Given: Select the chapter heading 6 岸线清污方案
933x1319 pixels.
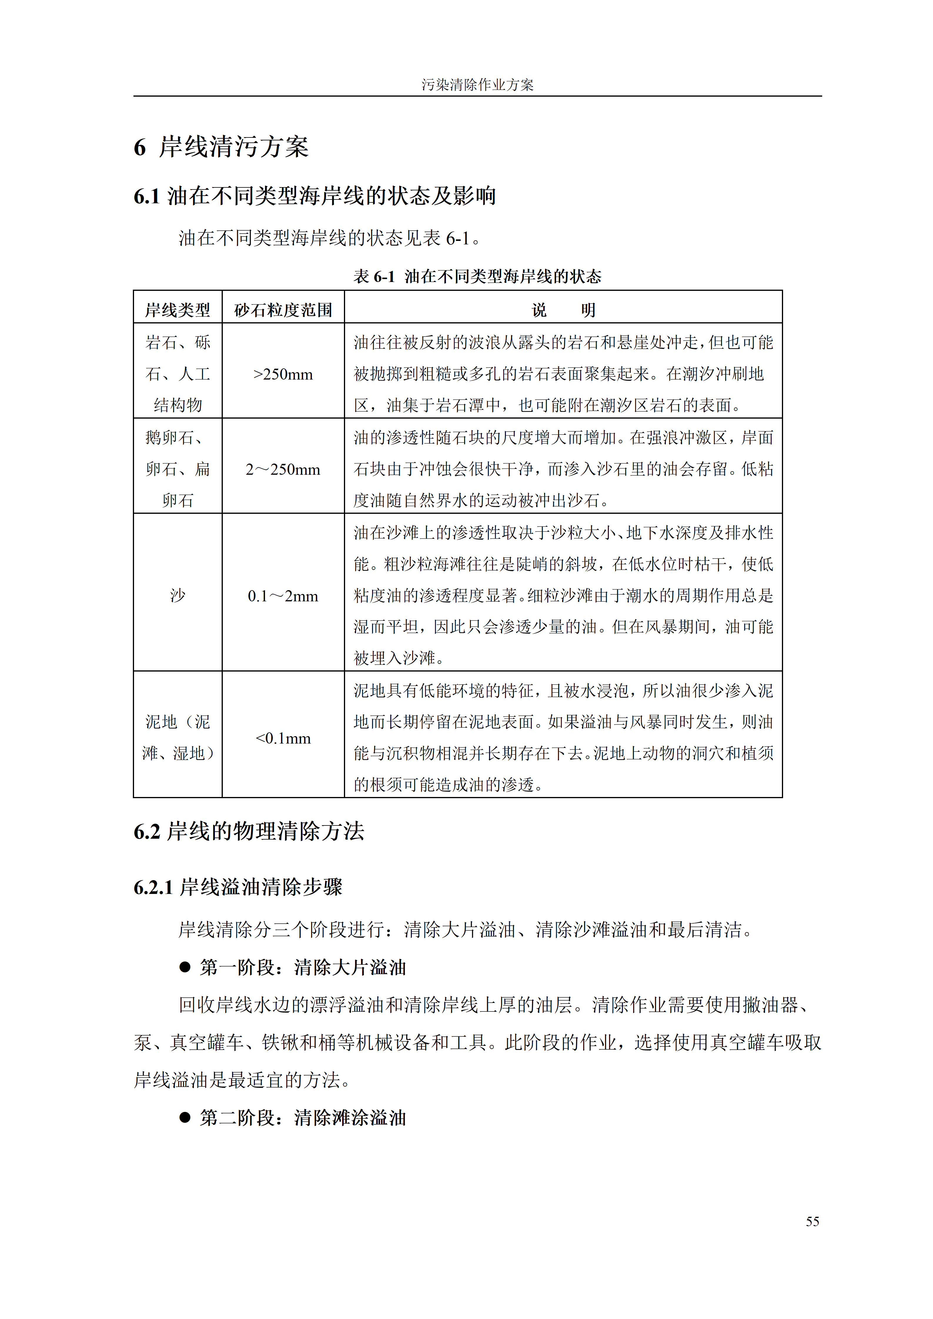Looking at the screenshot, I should (221, 147).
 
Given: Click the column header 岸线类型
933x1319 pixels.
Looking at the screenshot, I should (178, 310).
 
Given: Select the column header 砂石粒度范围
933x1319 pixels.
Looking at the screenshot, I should (283, 310).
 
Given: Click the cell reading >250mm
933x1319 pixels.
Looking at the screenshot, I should (283, 375).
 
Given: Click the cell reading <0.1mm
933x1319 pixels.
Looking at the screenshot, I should (283, 738).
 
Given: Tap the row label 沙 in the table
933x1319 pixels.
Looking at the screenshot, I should (178, 596).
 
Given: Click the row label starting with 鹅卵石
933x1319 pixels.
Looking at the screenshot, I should (178, 469).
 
